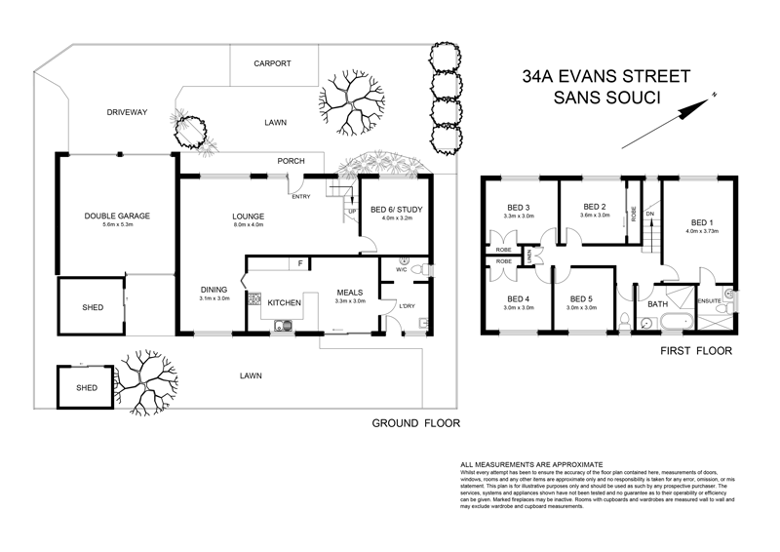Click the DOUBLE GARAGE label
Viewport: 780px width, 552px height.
point(116,216)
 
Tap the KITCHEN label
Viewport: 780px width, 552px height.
point(285,303)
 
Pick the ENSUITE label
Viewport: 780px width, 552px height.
point(710,300)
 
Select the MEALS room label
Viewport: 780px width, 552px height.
point(350,292)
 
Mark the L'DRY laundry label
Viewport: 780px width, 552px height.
point(407,309)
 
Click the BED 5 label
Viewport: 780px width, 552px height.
point(582,298)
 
